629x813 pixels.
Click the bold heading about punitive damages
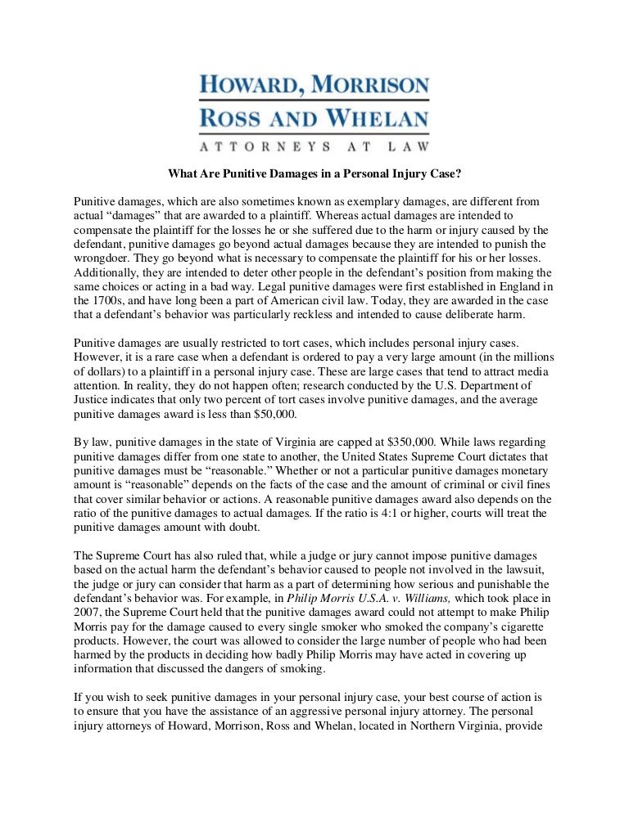(314, 173)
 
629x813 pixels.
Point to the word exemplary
(394, 201)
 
